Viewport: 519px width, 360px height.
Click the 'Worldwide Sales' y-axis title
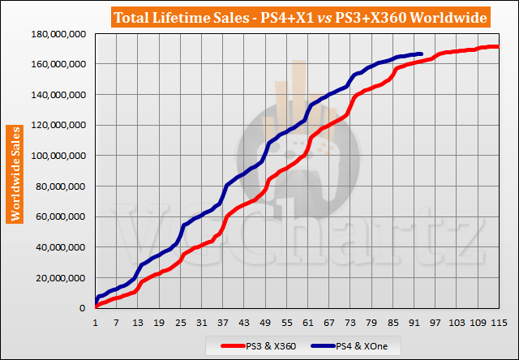[x=15, y=173]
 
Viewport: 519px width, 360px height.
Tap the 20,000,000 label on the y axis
[x=60, y=277]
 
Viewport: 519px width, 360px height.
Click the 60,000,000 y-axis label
[x=60, y=216]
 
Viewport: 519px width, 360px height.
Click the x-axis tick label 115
[x=499, y=324]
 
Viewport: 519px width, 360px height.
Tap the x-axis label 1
[x=96, y=324]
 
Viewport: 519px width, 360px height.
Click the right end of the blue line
[x=421, y=54]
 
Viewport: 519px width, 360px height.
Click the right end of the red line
[x=498, y=47]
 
